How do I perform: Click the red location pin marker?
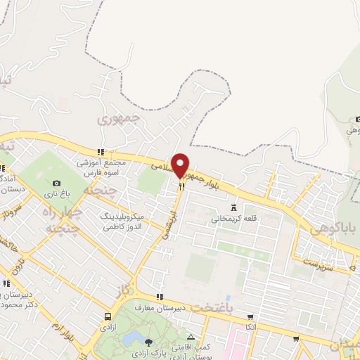tap(181, 165)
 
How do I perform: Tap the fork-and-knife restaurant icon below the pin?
tap(181, 186)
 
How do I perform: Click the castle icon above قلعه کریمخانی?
tap(233, 208)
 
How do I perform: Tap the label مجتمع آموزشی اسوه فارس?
tap(104, 167)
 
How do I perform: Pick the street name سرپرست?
tap(316, 262)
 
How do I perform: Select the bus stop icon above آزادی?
tap(108, 316)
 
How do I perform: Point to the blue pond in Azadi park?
tap(131, 340)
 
